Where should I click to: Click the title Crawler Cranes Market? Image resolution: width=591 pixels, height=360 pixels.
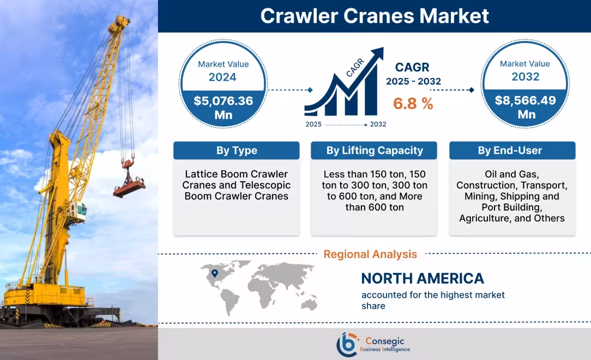point(374,16)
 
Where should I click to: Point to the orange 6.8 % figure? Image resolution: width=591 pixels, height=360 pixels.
point(413,104)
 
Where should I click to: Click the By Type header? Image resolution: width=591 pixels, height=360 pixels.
point(236,151)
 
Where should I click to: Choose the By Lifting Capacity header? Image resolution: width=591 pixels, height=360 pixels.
point(374,151)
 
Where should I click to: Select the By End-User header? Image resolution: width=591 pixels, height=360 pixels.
point(512,151)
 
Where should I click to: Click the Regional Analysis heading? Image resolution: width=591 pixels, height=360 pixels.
point(370,254)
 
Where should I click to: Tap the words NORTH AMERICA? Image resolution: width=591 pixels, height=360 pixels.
point(423,279)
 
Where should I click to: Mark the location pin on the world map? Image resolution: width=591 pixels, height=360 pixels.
point(215,273)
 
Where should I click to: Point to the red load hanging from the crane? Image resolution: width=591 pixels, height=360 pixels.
point(130,187)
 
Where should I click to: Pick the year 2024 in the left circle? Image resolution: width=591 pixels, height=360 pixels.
point(222,77)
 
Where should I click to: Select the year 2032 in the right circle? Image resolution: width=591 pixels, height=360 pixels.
point(525,76)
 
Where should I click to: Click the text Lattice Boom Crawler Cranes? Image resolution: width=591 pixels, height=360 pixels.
point(236,180)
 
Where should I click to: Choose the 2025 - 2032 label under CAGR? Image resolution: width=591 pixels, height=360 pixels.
point(413,81)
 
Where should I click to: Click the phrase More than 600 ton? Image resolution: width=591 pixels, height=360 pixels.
point(374,202)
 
